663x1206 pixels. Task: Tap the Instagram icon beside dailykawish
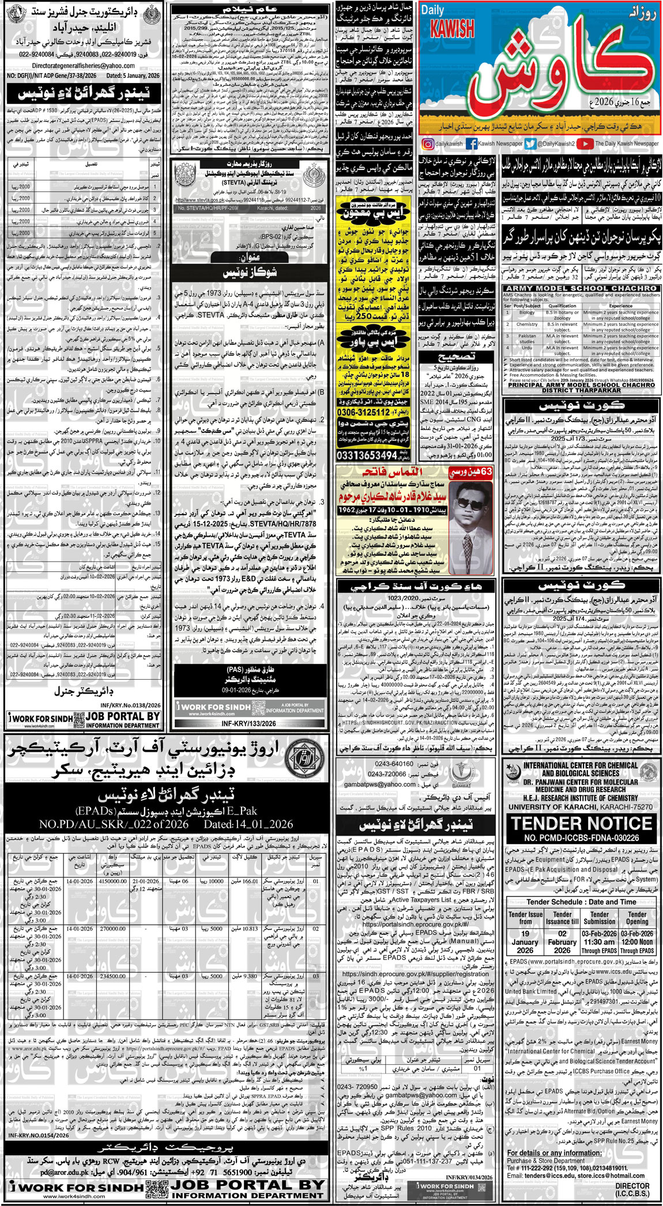427,144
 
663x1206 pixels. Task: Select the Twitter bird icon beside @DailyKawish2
530,144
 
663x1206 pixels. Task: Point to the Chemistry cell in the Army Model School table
527,325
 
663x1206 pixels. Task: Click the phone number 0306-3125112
364,413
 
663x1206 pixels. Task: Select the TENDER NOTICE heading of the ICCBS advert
581,823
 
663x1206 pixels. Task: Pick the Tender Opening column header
637,918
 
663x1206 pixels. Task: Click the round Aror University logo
300,757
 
